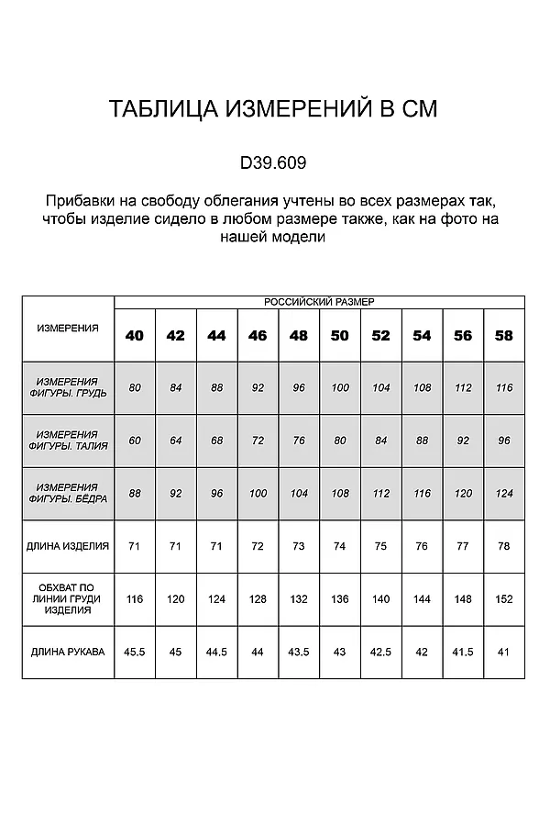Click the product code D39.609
(273, 162)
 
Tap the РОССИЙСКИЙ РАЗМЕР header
(319, 301)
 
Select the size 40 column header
(135, 336)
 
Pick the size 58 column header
(503, 336)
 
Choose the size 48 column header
(298, 336)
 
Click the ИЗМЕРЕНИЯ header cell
(68, 328)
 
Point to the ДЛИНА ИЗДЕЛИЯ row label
(68, 546)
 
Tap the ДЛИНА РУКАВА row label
(68, 652)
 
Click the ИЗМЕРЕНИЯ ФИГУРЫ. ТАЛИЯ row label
(68, 441)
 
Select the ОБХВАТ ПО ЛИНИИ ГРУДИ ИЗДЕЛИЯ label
(68, 599)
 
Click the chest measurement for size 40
(135, 387)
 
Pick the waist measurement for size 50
(340, 441)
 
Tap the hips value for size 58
(503, 494)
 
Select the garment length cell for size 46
(258, 546)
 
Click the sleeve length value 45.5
(135, 652)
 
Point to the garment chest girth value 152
(503, 599)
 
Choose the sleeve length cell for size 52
(380, 652)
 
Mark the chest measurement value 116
(503, 387)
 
